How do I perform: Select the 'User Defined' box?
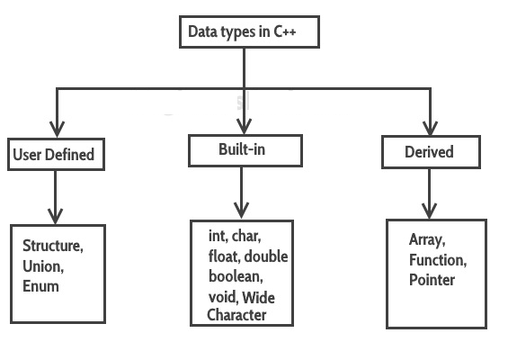click(53, 155)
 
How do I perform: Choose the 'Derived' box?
click(430, 152)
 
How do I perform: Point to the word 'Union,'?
click(42, 267)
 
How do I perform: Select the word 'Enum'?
click(40, 286)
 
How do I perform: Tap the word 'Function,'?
click(438, 260)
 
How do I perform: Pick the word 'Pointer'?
click(432, 280)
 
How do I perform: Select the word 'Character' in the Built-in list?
click(236, 315)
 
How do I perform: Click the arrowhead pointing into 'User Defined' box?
click(57, 126)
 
